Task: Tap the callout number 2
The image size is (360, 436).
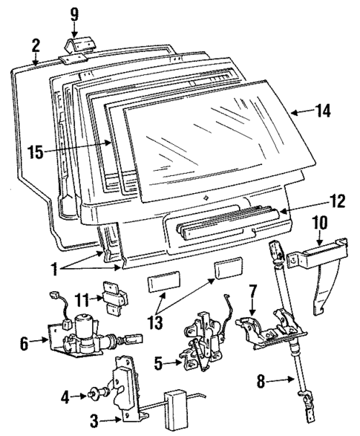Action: coord(35,45)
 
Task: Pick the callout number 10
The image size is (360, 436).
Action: coord(319,223)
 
